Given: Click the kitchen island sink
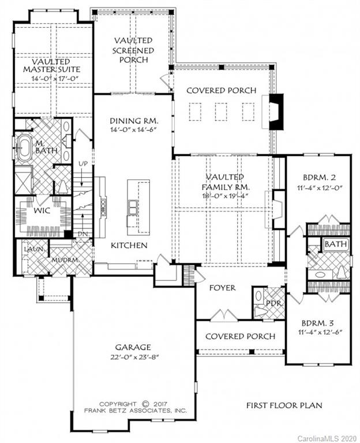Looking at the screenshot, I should pos(134,206).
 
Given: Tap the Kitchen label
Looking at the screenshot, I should pos(129,245).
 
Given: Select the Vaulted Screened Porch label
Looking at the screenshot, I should pos(133,50).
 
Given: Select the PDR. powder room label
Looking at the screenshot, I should pos(272,302).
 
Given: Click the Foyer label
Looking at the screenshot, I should pos(222,287).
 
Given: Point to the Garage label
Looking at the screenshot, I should pos(132,347).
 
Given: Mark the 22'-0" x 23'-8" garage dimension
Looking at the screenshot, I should pos(132,356).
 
